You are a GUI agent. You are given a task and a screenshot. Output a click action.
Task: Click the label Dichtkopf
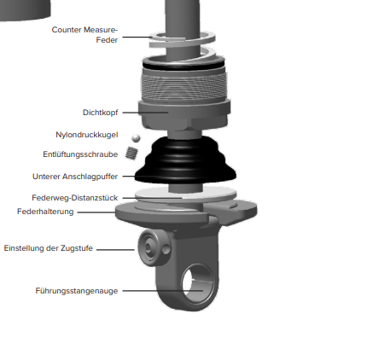[100, 113]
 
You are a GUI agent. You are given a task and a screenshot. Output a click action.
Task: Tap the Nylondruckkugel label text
[87, 135]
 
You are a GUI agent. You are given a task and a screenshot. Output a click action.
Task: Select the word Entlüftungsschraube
[80, 154]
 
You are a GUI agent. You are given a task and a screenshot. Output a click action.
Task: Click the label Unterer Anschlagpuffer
[75, 177]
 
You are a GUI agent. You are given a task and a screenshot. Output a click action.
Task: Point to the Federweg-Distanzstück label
[75, 198]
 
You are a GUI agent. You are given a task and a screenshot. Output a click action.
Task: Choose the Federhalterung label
[45, 212]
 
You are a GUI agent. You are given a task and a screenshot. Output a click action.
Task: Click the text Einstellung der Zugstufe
[49, 248]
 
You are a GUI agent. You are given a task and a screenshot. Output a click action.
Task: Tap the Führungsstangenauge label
[77, 291]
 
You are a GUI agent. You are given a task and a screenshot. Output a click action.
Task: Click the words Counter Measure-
[84, 30]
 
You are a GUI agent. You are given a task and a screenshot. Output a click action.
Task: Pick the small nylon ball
[136, 138]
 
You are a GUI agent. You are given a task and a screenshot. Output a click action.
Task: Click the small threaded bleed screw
[131, 153]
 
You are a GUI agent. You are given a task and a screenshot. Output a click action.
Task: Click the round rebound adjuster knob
[154, 248]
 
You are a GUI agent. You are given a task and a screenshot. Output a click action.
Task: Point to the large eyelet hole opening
[197, 283]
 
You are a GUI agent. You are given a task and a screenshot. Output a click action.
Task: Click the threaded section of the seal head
[184, 85]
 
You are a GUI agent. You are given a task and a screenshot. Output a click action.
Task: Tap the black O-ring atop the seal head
[183, 65]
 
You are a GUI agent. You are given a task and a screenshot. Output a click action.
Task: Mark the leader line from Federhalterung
[96, 212]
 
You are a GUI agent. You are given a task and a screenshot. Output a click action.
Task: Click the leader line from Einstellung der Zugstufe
[115, 250]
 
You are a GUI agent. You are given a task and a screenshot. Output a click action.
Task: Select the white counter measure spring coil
[182, 42]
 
